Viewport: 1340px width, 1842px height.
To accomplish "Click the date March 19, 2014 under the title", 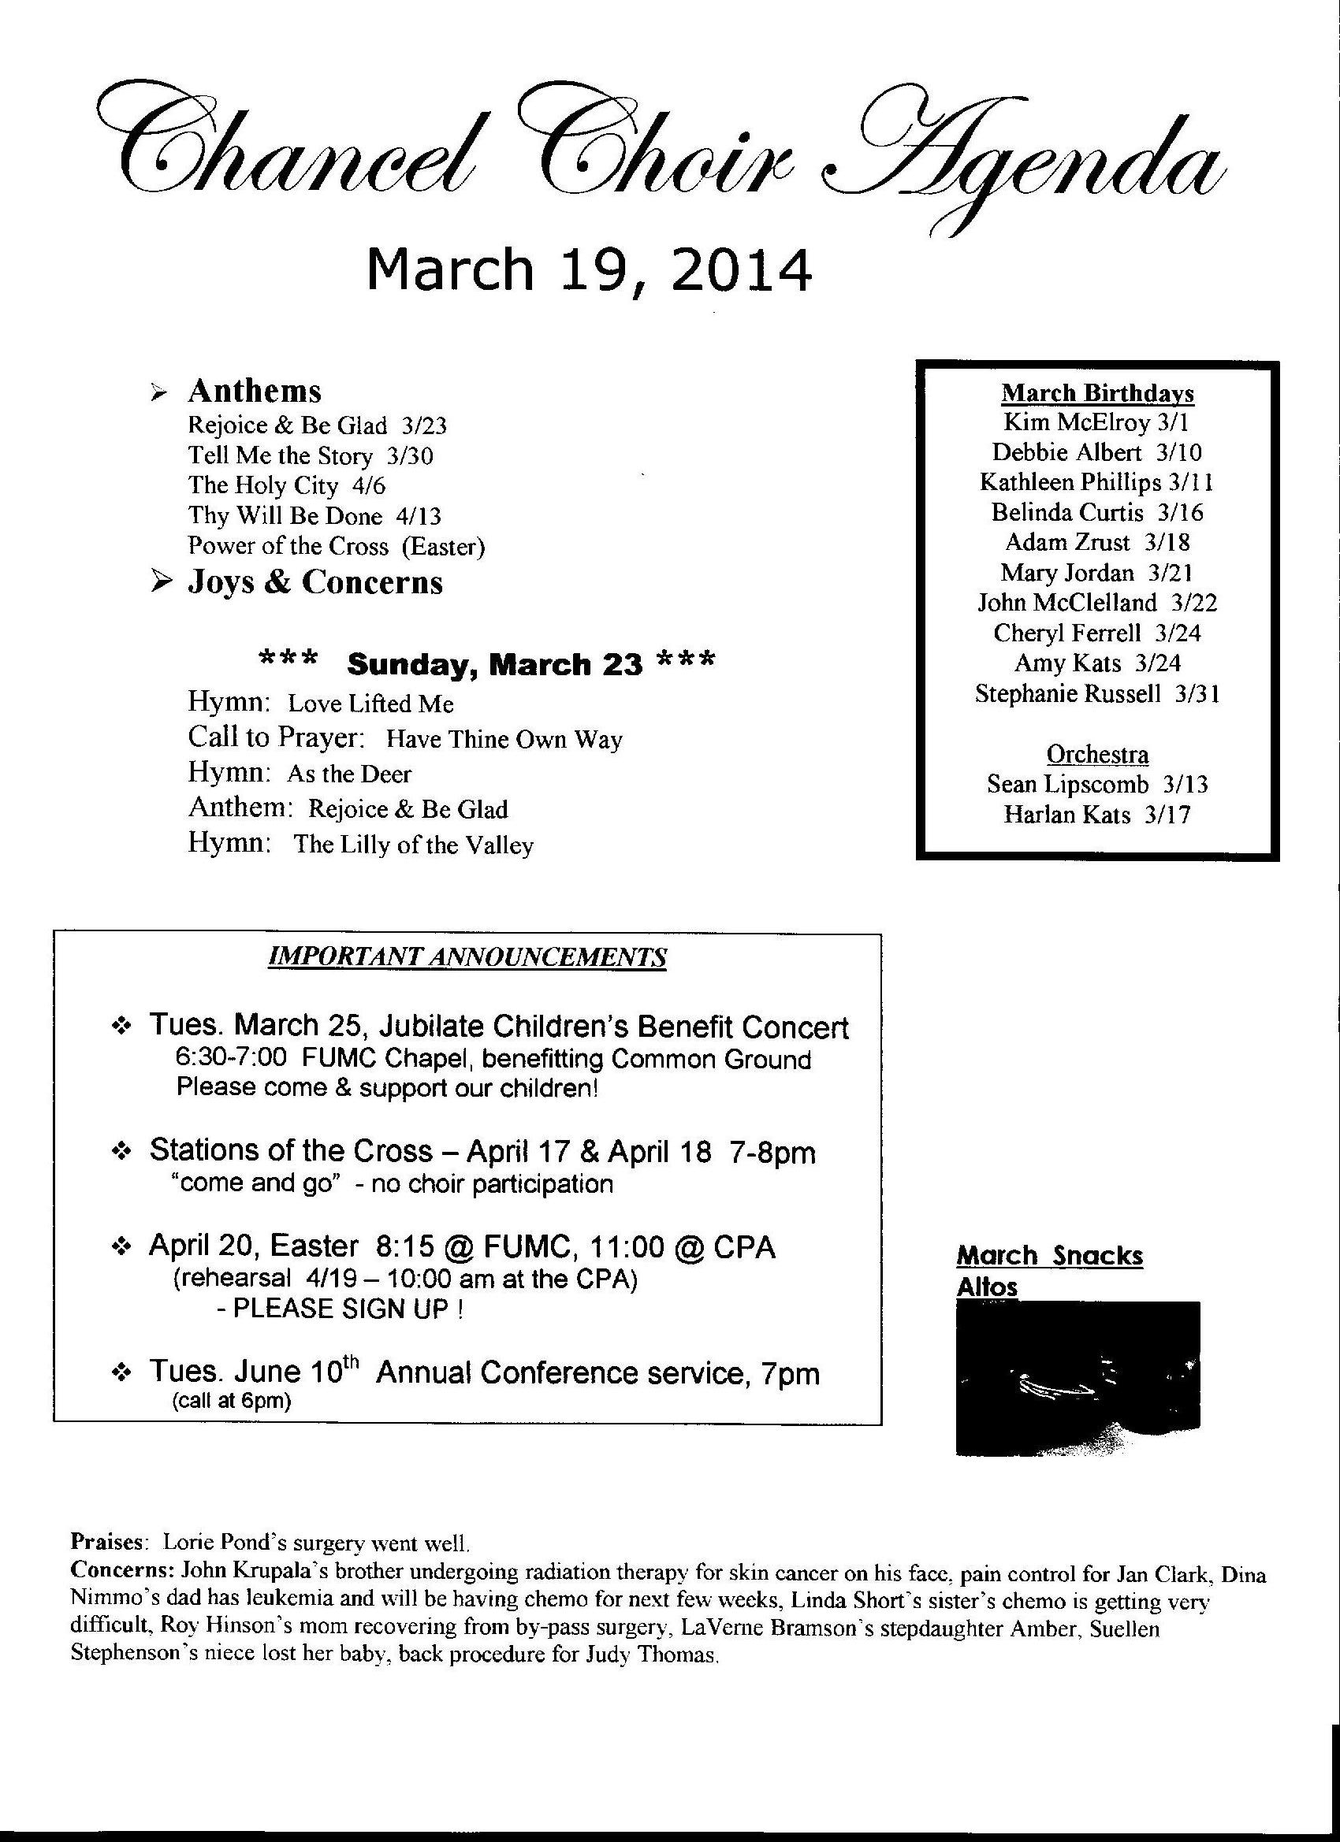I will pos(589,269).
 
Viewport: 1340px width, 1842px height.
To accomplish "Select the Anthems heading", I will pos(255,391).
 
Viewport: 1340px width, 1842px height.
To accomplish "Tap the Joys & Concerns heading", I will pos(315,581).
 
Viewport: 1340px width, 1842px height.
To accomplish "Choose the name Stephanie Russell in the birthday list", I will pos(1068,693).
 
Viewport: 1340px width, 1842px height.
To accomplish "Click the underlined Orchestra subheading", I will pos(1097,754).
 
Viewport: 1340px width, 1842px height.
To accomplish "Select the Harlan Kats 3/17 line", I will pos(1097,814).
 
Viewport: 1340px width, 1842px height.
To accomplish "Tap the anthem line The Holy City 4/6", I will pos(287,485).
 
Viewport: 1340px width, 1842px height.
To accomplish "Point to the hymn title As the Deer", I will pos(349,773).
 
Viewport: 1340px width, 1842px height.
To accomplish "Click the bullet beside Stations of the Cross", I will pos(121,1153).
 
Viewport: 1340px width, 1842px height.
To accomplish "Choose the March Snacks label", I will pos(1049,1256).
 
